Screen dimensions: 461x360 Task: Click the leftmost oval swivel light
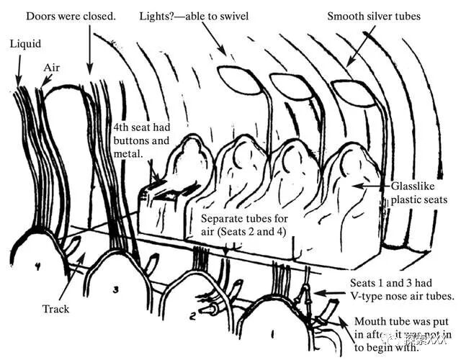click(234, 76)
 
